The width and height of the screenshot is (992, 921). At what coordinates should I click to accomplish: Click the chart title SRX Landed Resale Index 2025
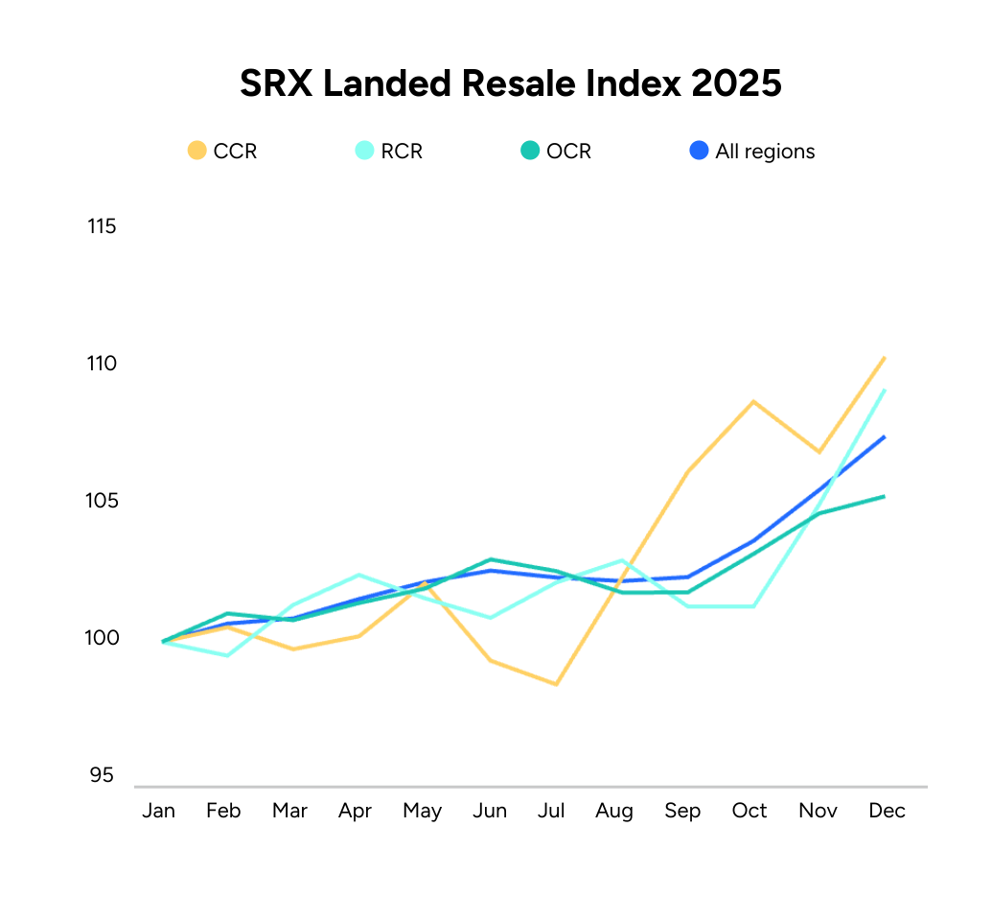(x=511, y=84)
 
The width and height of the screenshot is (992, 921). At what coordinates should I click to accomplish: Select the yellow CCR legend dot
(x=197, y=151)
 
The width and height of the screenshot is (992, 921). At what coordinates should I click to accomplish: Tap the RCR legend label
(x=402, y=152)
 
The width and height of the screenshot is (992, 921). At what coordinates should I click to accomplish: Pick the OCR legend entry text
(x=568, y=152)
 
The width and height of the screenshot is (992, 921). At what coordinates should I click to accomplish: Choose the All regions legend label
(x=765, y=152)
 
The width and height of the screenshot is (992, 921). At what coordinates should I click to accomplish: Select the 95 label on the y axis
(x=102, y=775)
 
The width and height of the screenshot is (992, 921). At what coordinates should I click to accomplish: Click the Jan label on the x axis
(x=159, y=811)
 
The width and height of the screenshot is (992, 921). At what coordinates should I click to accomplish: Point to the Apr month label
(x=356, y=811)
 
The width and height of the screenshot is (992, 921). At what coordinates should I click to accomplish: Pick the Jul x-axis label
(x=552, y=811)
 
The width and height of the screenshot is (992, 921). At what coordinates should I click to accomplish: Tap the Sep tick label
(x=682, y=811)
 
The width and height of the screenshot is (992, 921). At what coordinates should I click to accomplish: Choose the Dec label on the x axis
(x=887, y=811)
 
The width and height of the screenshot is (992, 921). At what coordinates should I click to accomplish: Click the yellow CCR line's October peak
(x=753, y=401)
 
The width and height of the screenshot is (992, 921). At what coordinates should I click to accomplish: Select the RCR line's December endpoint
(x=884, y=390)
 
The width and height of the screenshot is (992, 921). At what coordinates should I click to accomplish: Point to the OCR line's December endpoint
(x=884, y=496)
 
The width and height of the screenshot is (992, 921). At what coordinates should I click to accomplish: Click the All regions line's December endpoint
(x=884, y=437)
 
